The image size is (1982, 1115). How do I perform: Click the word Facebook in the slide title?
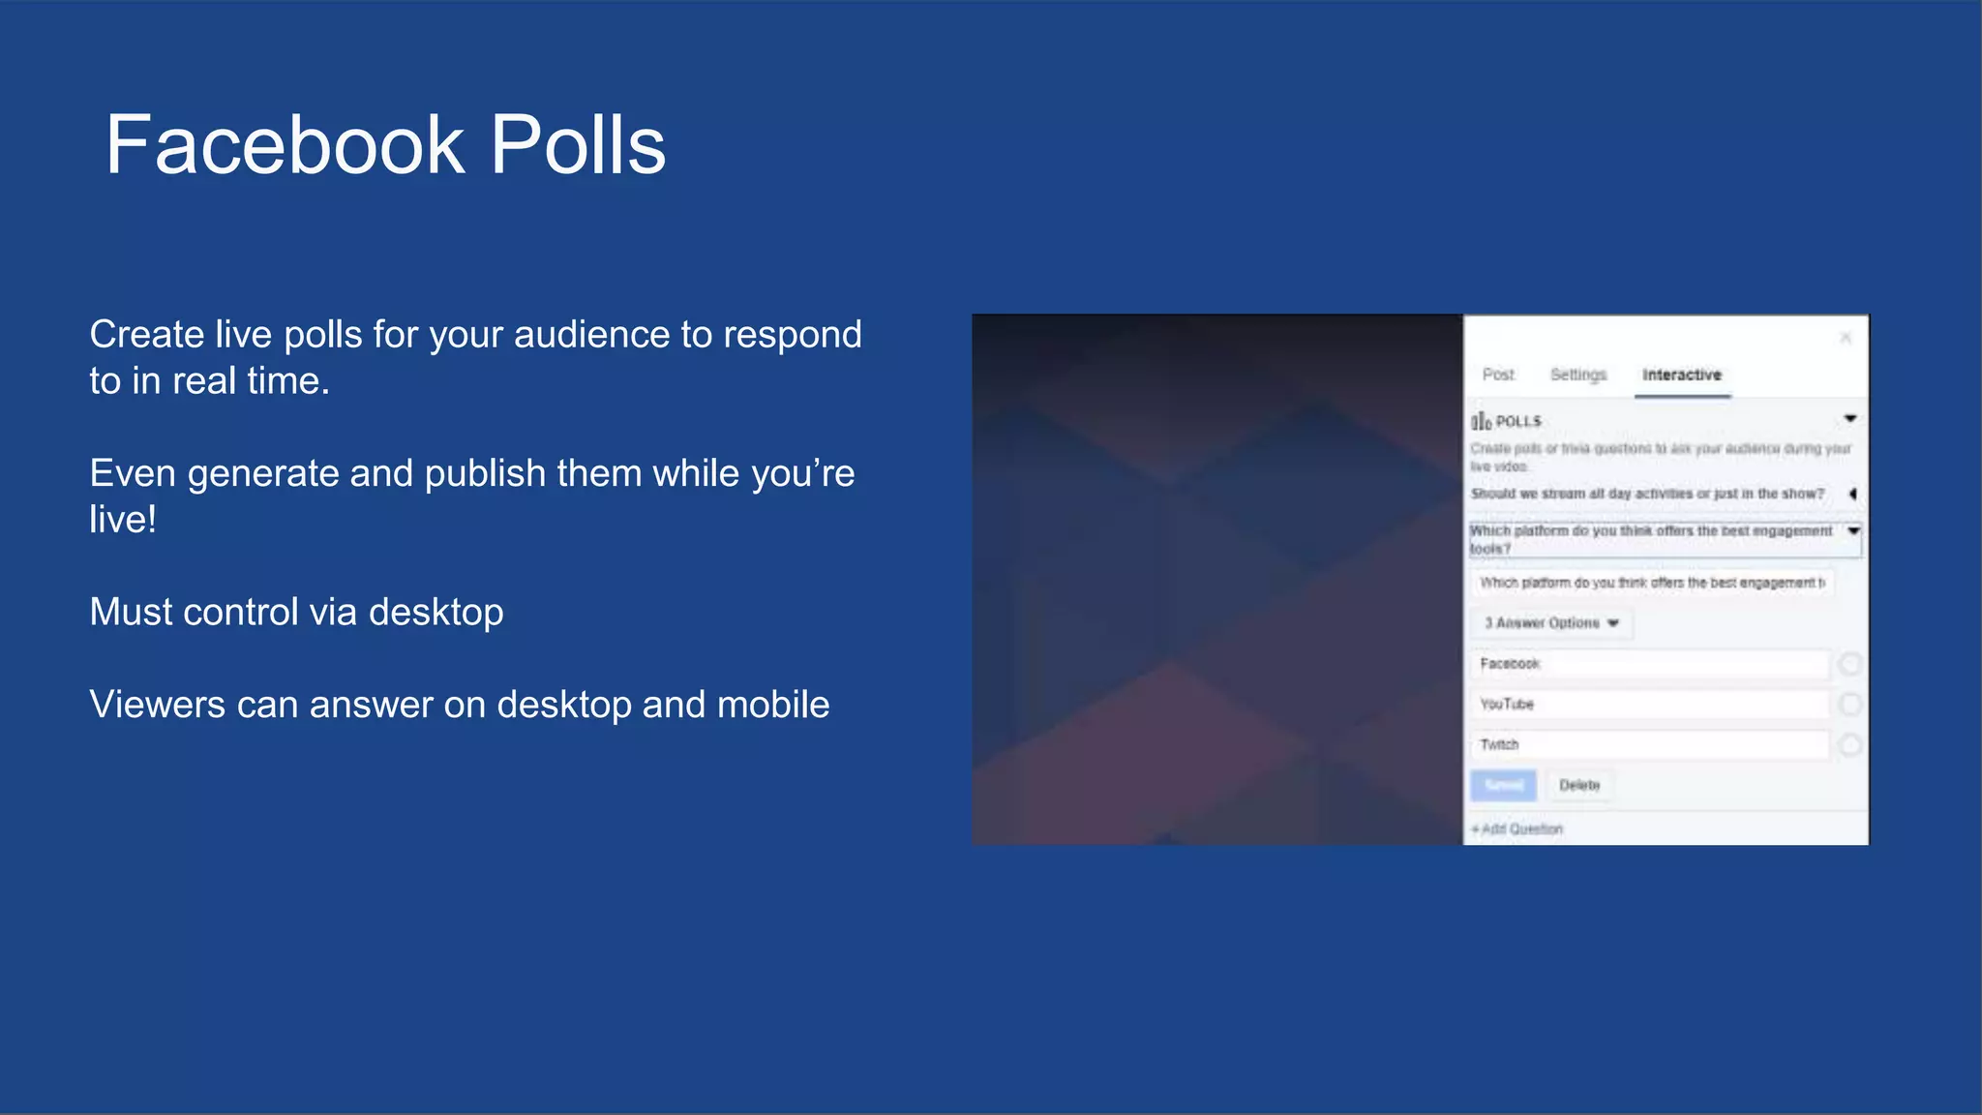tap(285, 145)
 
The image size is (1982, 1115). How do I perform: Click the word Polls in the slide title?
tap(578, 145)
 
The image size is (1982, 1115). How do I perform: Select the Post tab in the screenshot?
tap(1497, 375)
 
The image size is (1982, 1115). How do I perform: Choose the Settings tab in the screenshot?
tap(1577, 375)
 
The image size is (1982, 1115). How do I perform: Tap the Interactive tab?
tap(1681, 375)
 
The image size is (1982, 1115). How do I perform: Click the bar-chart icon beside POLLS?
tap(1481, 421)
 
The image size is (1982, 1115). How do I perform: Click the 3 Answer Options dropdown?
tap(1551, 623)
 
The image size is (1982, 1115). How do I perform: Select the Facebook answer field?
tap(1650, 664)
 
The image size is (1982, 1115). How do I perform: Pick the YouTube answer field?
tap(1650, 705)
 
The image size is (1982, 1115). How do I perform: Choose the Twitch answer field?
tap(1650, 745)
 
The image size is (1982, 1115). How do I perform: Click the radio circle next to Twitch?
tap(1849, 745)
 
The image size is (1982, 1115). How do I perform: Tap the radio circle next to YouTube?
tap(1849, 705)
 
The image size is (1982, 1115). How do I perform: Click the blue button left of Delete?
tap(1503, 785)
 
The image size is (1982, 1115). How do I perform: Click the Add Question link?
tap(1517, 829)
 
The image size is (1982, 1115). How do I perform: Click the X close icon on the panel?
tap(1845, 338)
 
